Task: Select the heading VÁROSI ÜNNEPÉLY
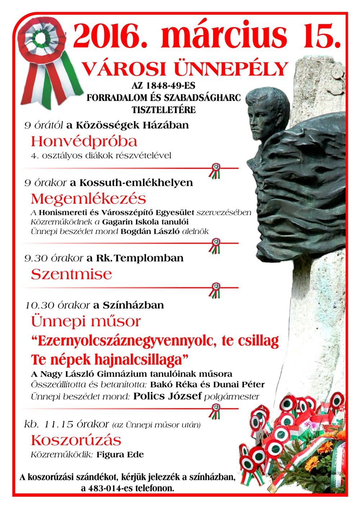coord(185,68)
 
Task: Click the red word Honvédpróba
coord(84,141)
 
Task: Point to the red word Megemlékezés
coord(88,199)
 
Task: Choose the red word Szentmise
coord(71,274)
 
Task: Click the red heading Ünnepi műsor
coord(86,321)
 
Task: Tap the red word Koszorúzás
coord(76,440)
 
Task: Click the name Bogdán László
coord(150,231)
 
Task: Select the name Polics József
coord(167,396)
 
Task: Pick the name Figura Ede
coord(120,455)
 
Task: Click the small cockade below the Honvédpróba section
coord(215,171)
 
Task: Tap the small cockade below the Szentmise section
coord(215,290)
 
